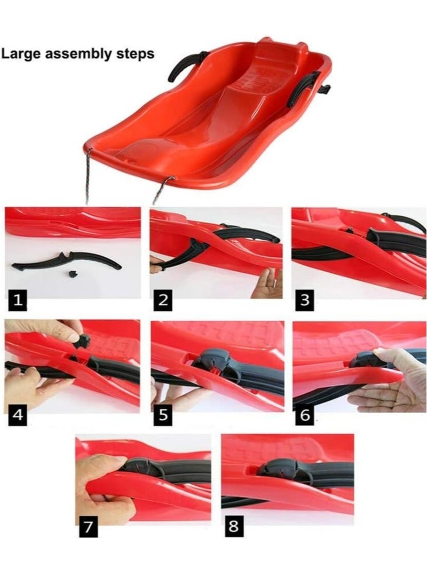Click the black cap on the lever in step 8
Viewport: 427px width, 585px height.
(278, 468)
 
